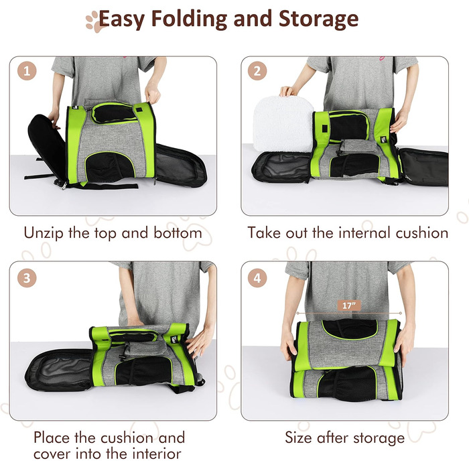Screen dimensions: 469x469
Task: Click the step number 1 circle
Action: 27,71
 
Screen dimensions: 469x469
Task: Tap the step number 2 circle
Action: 257,71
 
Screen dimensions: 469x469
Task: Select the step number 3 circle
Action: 27,278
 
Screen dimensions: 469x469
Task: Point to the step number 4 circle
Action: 257,278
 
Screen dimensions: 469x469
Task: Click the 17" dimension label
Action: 349,306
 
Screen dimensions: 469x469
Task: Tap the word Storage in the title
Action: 318,19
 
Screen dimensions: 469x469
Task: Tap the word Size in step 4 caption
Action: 299,438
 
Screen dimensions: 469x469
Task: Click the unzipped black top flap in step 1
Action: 46,147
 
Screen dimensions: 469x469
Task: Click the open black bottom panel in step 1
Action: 180,165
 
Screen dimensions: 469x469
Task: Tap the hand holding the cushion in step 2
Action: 288,91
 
